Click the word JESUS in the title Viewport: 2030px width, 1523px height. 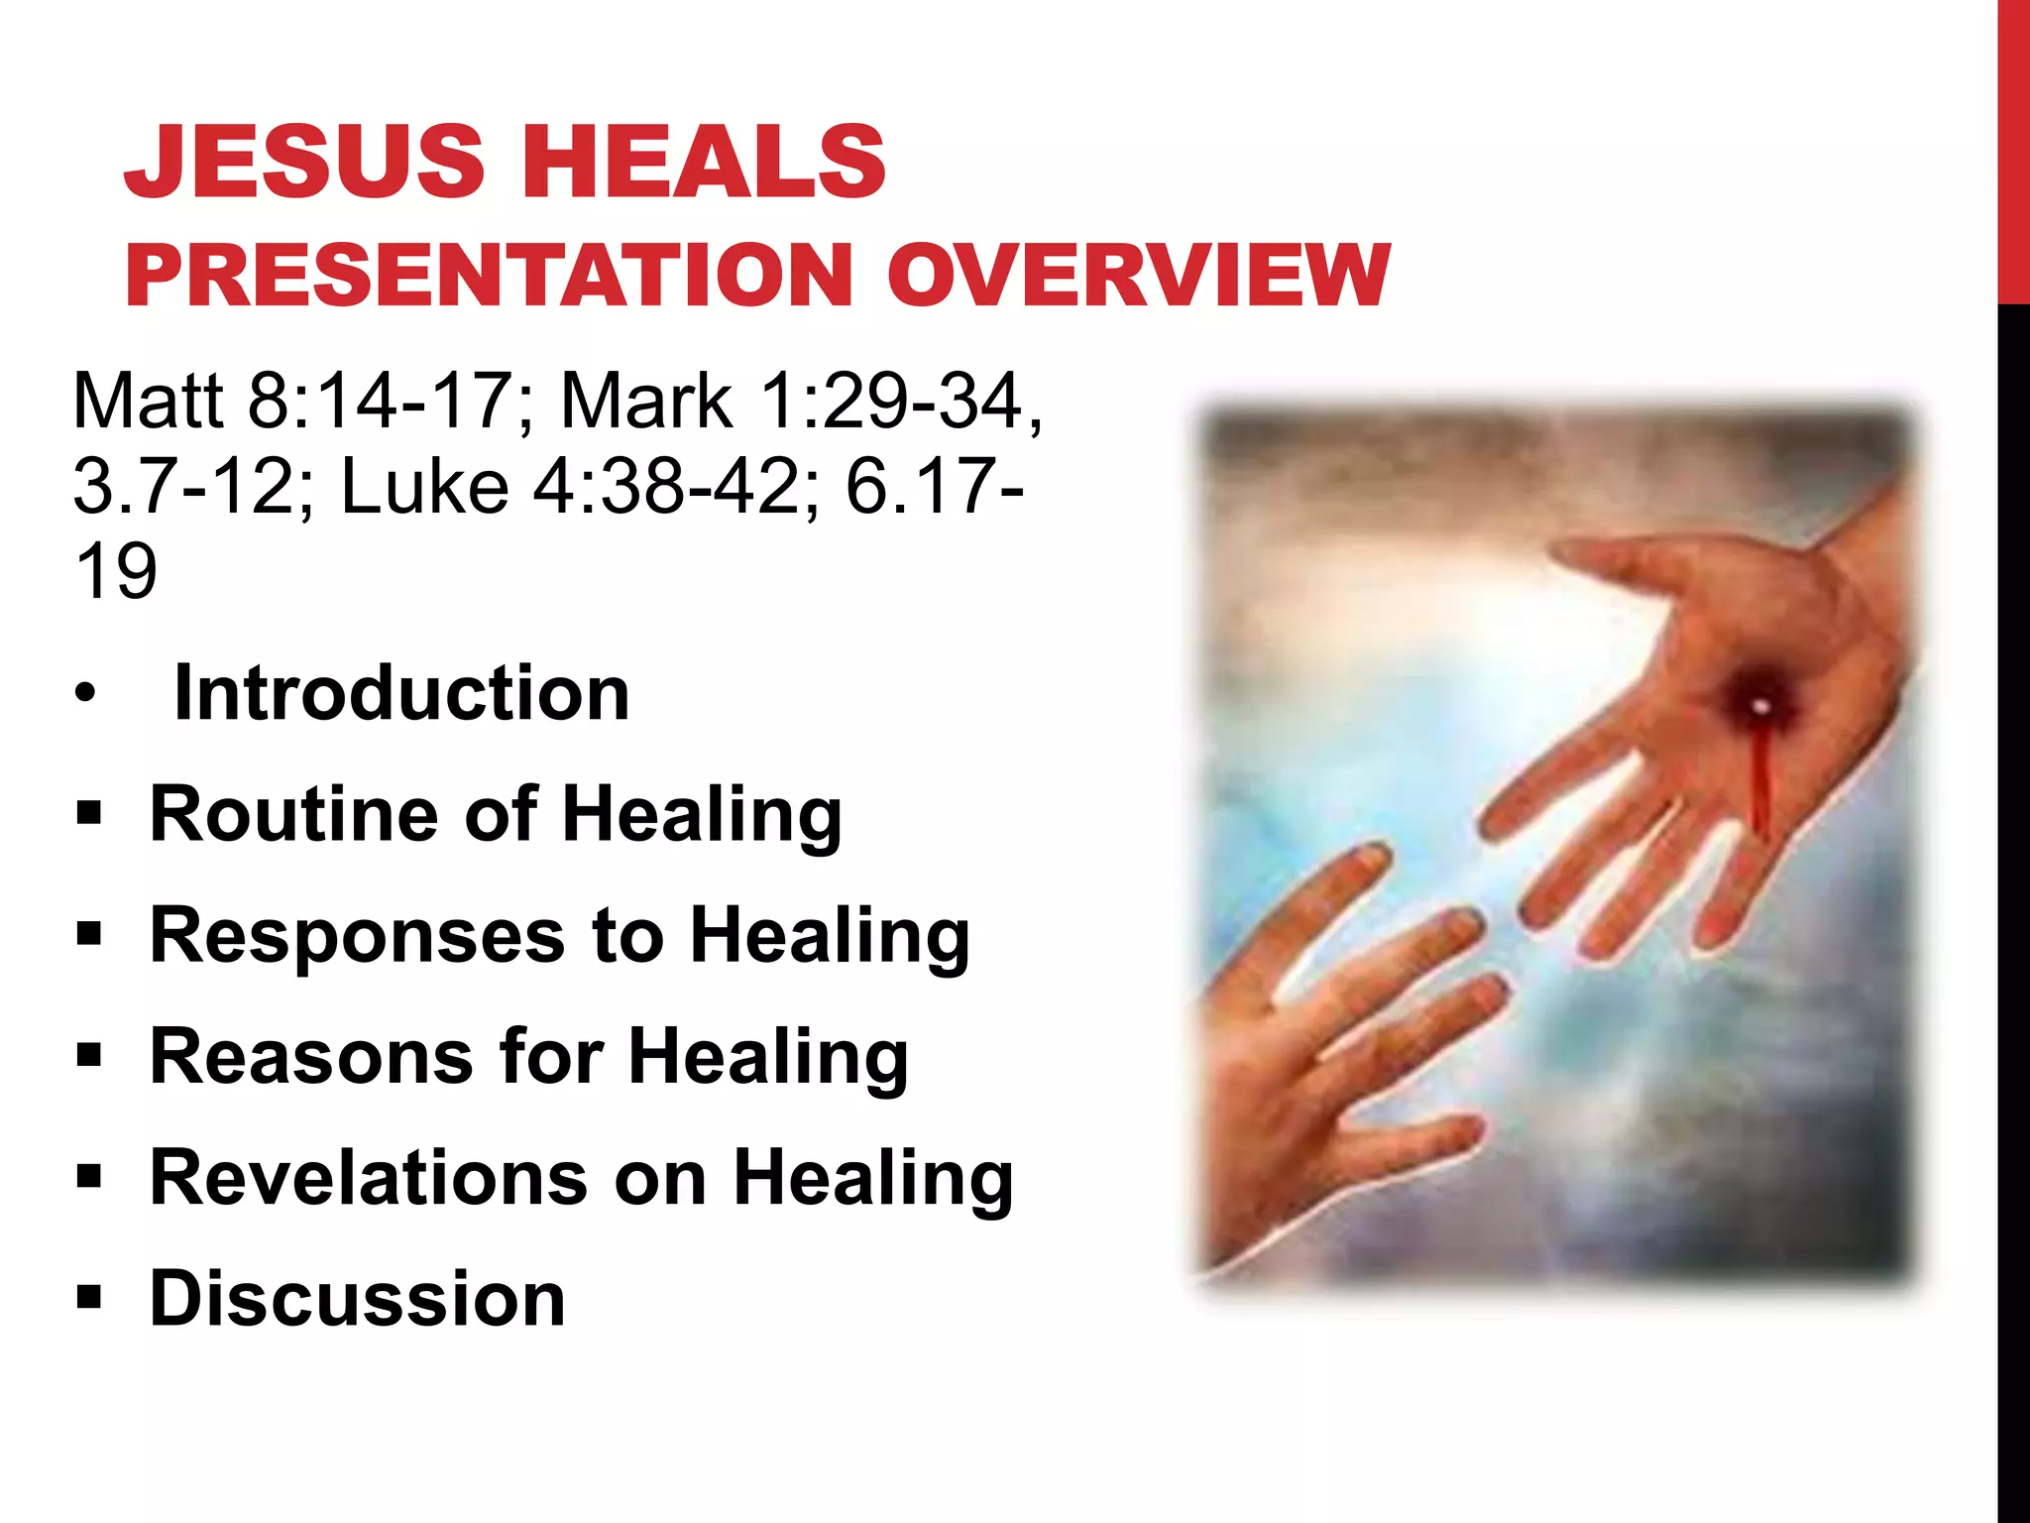303,161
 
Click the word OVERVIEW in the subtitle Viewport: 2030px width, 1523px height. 1138,276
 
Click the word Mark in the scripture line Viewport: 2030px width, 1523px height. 646,401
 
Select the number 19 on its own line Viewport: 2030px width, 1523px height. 115,572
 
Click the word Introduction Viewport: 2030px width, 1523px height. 401,693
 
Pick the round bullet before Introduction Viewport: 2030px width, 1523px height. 86,693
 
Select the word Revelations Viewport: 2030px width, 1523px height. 369,1178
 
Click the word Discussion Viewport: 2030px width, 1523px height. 357,1299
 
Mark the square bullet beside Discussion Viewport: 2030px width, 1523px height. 88,1296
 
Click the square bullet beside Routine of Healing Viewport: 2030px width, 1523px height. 88,813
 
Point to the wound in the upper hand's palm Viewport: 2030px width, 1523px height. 1759,706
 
